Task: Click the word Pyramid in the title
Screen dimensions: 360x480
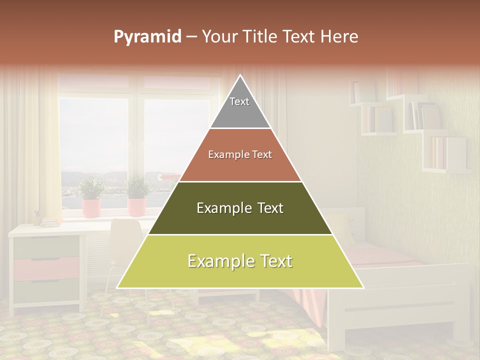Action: (147, 37)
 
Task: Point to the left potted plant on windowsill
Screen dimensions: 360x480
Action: (91, 197)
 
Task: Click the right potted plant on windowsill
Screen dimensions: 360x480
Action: (136, 197)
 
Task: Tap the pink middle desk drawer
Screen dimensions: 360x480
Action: (46, 268)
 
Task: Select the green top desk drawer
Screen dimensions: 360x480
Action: (46, 246)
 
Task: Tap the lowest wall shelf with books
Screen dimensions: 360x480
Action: (445, 155)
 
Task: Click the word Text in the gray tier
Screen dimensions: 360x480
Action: (239, 101)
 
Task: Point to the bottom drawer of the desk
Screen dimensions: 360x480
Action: (46, 291)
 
